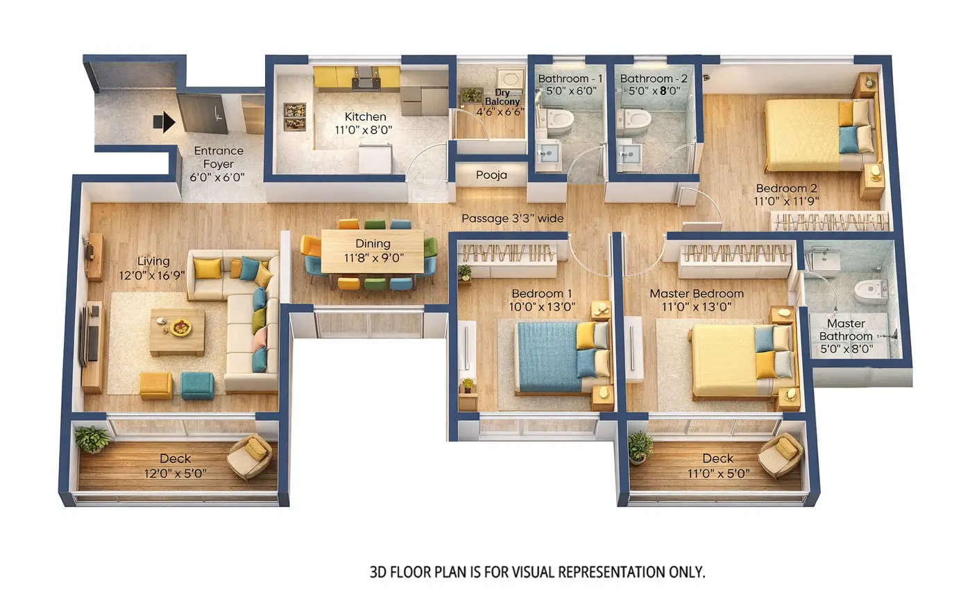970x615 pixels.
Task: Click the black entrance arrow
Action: click(164, 123)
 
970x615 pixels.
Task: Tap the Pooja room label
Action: click(491, 175)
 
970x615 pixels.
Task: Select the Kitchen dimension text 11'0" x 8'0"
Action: click(364, 130)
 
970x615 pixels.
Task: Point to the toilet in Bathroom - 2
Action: click(635, 121)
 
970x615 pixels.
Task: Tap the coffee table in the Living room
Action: click(178, 331)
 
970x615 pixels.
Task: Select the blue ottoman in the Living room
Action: click(198, 386)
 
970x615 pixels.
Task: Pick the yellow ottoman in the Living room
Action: click(156, 386)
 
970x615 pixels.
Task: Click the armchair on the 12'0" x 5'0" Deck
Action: click(250, 456)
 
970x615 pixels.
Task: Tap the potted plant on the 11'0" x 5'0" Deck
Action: click(640, 447)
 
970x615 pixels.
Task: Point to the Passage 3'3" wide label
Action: click(512, 218)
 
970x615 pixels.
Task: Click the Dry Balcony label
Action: click(502, 97)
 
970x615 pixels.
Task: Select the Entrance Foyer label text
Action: click(218, 157)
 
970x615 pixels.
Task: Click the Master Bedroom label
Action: click(696, 293)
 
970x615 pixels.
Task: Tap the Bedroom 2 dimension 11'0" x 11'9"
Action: click(786, 201)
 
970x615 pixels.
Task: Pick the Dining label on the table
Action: click(373, 243)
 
